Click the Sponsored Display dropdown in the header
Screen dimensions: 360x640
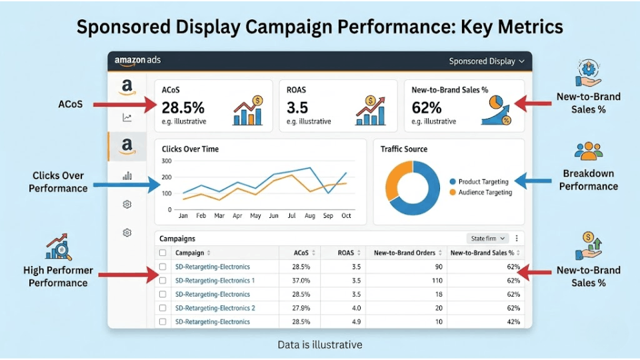[x=486, y=61]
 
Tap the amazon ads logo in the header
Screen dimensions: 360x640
[x=137, y=61]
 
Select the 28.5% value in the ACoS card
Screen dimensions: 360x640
[x=183, y=107]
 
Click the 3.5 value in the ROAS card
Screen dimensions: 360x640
[x=297, y=107]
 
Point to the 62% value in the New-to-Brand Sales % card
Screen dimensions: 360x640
[x=427, y=107]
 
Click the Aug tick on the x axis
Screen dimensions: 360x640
[x=310, y=216]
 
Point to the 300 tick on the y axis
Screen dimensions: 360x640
[x=167, y=161]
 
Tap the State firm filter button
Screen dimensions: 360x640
[x=489, y=238]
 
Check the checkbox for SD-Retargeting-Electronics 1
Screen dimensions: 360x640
[x=163, y=281]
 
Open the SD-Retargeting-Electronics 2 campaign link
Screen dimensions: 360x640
[x=215, y=308]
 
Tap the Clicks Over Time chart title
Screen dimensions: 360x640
[x=190, y=149]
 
